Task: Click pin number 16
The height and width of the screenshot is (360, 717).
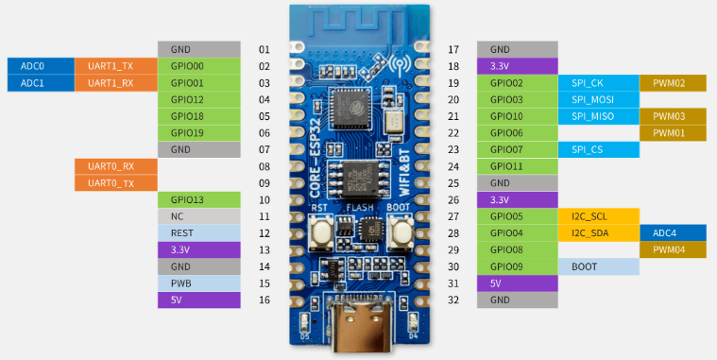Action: pyautogui.click(x=265, y=300)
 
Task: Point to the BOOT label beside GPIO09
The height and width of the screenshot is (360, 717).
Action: pyautogui.click(x=599, y=266)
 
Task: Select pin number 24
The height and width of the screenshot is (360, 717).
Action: pyautogui.click(x=453, y=166)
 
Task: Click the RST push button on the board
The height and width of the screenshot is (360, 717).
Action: pyautogui.click(x=321, y=230)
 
